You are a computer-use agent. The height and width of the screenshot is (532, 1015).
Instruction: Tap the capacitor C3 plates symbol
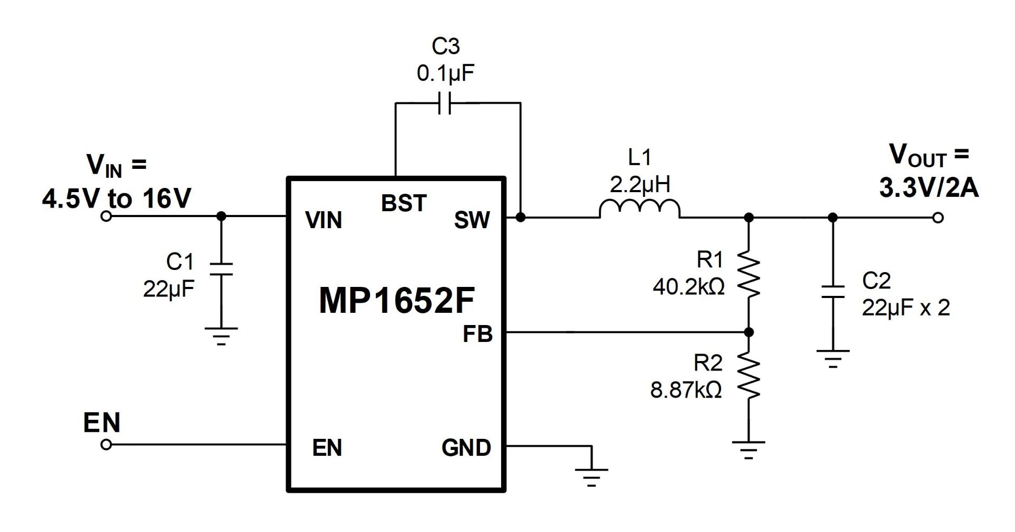point(445,103)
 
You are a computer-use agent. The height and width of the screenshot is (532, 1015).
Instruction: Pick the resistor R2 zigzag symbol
point(749,377)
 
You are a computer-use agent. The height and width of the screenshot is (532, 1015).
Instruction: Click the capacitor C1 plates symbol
point(221,268)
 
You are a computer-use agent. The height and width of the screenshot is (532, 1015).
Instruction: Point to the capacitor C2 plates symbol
point(833,292)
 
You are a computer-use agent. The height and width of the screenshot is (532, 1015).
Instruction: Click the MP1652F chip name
point(396,301)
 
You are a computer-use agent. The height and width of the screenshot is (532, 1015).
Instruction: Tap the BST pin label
point(403,203)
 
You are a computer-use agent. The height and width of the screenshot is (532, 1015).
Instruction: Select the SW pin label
point(472,220)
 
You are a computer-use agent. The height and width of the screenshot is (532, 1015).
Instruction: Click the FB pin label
point(477,334)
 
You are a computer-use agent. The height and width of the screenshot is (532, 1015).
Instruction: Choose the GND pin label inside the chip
point(466,448)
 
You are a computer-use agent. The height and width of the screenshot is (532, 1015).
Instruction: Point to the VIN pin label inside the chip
point(324,220)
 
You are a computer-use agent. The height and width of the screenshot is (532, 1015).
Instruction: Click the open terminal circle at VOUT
point(938,218)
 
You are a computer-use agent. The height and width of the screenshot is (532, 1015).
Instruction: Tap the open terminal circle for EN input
point(106,445)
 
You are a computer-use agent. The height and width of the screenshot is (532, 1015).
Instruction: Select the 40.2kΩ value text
point(689,287)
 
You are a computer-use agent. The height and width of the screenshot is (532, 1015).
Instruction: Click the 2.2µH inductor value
point(640,185)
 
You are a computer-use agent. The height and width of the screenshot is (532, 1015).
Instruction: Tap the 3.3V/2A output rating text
point(929,188)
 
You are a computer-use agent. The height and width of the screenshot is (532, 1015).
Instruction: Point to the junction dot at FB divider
point(749,332)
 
